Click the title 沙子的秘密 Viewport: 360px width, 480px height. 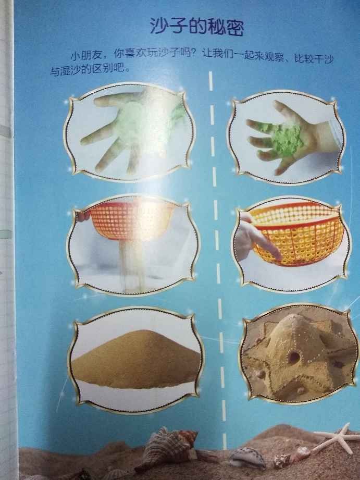196,27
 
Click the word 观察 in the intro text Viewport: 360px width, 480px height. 271,57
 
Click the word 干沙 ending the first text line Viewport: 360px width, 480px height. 322,59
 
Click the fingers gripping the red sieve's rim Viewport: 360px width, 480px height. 83,216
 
